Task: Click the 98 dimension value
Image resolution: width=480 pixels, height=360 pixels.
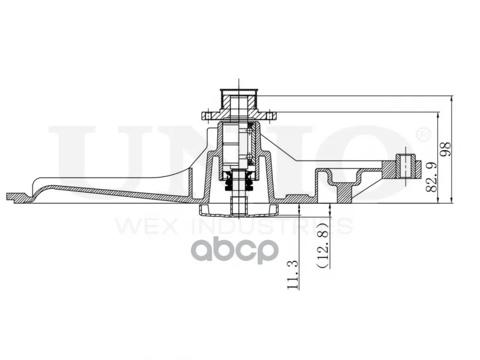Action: pyautogui.click(x=446, y=149)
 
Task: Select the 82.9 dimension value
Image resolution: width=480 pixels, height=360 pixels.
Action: pyautogui.click(x=431, y=177)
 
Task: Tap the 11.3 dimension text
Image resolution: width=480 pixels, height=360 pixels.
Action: pyautogui.click(x=292, y=275)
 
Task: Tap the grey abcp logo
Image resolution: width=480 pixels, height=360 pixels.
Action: pyautogui.click(x=235, y=250)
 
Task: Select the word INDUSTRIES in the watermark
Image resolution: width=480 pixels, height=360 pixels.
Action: pyautogui.click(x=272, y=226)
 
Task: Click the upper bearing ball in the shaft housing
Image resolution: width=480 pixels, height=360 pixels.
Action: pyautogui.click(x=250, y=131)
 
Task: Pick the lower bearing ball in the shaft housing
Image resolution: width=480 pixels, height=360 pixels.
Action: pyautogui.click(x=250, y=157)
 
